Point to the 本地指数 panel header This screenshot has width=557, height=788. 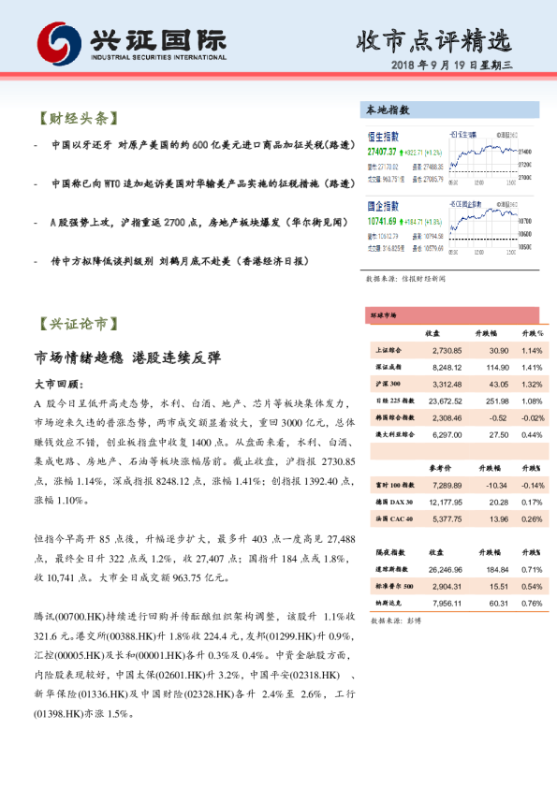click(388, 109)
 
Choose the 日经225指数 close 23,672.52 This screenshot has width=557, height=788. click(440, 401)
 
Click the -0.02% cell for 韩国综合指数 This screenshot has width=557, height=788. click(532, 417)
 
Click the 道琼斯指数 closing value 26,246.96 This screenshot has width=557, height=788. click(439, 569)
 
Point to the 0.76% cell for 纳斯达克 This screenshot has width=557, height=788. click(533, 603)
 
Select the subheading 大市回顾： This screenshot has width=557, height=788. click(59, 384)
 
